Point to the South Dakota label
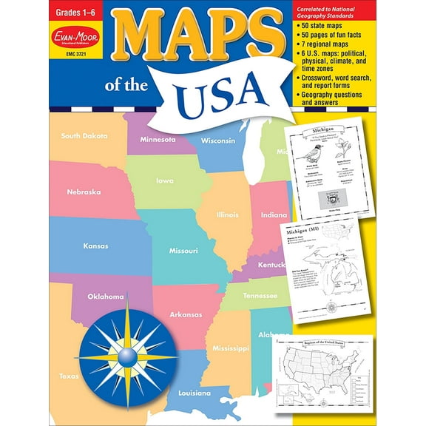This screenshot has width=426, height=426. pyautogui.click(x=84, y=136)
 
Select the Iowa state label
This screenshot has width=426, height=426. pyautogui.click(x=165, y=180)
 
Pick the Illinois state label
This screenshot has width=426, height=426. pyautogui.click(x=227, y=215)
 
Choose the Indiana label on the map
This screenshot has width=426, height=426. pyautogui.click(x=273, y=215)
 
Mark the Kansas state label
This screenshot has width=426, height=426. pyautogui.click(x=95, y=246)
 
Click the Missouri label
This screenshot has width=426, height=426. pyautogui.click(x=183, y=251)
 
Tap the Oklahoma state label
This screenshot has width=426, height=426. pyautogui.click(x=106, y=297)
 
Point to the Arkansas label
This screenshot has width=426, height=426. pyautogui.click(x=185, y=314)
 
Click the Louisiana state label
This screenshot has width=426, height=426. pyautogui.click(x=194, y=392)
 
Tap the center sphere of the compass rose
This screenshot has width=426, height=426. pyautogui.click(x=126, y=357)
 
